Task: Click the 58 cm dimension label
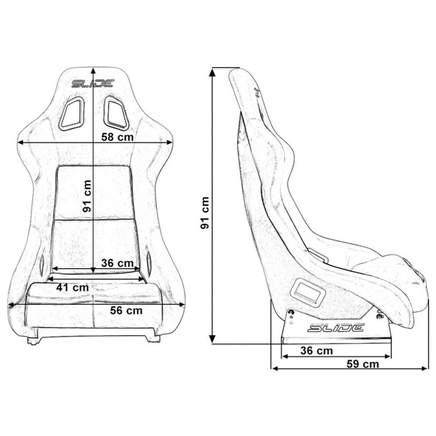click(x=117, y=137)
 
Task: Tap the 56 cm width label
click(x=126, y=310)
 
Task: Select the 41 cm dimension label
click(x=72, y=287)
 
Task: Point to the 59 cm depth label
click(x=363, y=364)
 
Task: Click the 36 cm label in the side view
click(x=317, y=351)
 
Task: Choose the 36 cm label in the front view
click(x=117, y=263)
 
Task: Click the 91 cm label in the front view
click(x=87, y=196)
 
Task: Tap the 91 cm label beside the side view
click(x=204, y=213)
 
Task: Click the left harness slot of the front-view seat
click(x=72, y=114)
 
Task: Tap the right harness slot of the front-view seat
click(x=116, y=113)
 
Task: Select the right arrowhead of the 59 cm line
click(x=426, y=369)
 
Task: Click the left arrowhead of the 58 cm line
click(x=21, y=143)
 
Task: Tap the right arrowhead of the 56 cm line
click(x=181, y=304)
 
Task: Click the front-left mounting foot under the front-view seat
click(x=33, y=341)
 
